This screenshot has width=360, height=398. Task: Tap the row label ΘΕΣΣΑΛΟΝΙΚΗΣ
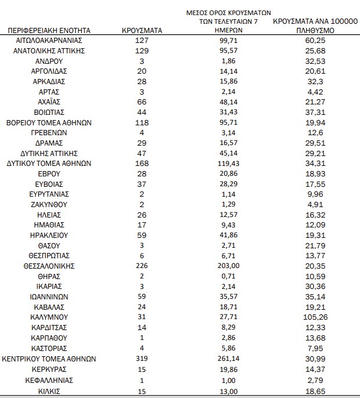49,266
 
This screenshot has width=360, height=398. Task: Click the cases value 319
142,359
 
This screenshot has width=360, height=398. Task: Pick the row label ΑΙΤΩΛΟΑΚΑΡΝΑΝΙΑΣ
49,41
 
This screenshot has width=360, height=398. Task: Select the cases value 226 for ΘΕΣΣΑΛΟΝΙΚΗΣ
142,266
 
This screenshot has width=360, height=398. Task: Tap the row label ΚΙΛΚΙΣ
49,390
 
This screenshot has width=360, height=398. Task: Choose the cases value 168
142,164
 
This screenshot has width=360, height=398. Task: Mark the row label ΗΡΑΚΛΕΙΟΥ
49,236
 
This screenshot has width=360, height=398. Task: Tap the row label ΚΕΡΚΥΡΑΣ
49,370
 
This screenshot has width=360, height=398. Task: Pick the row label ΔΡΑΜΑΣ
49,143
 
